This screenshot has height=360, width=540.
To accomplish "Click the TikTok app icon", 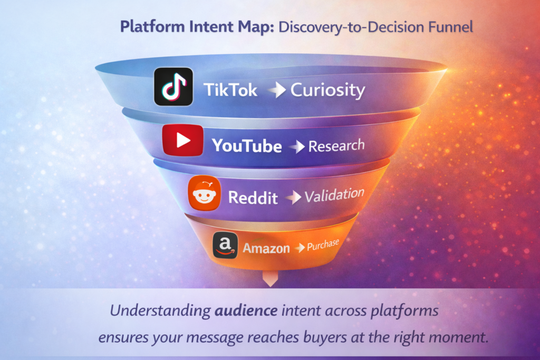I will (173, 87).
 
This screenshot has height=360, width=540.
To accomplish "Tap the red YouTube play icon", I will (183, 140).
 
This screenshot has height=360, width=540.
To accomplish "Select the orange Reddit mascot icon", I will (204, 193).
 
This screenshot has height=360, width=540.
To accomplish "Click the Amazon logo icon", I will (225, 246).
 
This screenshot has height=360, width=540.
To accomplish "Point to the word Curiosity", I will (327, 90).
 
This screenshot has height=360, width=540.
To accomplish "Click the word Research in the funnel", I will (336, 145).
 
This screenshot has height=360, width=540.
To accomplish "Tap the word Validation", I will (334, 196).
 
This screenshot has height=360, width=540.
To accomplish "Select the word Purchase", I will (323, 245).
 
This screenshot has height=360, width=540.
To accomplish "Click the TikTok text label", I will (231, 90).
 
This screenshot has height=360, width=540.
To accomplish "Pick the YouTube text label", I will (247, 145).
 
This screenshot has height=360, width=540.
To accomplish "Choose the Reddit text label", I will (253, 198).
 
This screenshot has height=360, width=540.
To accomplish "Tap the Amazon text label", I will (266, 248).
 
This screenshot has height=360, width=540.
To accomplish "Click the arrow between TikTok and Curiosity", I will (276, 91).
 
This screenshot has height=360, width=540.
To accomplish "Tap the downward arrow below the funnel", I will (269, 279).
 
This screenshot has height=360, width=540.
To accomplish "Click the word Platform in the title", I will (150, 26).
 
